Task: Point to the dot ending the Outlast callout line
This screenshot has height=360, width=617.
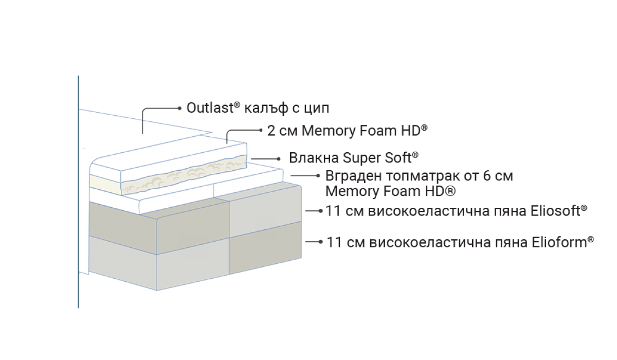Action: pyautogui.click(x=178, y=109)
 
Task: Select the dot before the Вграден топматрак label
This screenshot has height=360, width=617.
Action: pyautogui.click(x=318, y=176)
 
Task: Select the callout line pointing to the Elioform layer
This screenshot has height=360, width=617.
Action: pyautogui.click(x=314, y=242)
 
